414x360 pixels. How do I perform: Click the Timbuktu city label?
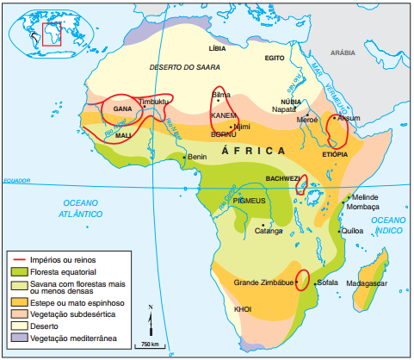[155, 101]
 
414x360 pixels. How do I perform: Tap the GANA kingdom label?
[122, 109]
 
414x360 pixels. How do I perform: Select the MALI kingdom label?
[123, 135]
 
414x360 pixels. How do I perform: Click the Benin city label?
[197, 157]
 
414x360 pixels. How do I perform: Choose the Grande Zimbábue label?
[263, 282]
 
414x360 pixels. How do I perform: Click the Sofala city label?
[327, 282]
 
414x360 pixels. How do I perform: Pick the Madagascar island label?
[367, 282]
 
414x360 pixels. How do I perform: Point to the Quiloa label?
[352, 231]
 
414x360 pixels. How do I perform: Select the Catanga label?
[269, 230]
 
